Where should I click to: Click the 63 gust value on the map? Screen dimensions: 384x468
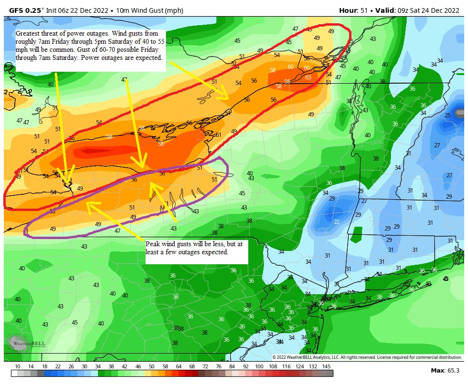tap(308, 77)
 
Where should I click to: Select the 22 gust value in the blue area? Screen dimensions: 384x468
tap(336, 222)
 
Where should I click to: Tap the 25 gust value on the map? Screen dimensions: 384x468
tap(447, 115)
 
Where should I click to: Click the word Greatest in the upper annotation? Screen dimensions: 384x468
tap(28, 34)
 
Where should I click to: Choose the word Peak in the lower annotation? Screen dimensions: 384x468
tap(153, 244)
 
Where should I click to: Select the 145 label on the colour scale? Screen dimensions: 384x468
tap(326, 366)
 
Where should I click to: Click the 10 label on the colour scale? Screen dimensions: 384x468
tap(18, 366)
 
